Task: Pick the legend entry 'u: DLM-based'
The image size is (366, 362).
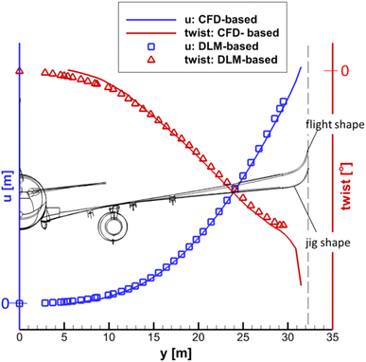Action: (x=235, y=46)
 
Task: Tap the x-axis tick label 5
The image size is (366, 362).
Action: (x=64, y=336)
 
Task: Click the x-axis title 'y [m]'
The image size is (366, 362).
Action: (x=175, y=353)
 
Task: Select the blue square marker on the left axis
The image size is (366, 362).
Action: (x=20, y=303)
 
